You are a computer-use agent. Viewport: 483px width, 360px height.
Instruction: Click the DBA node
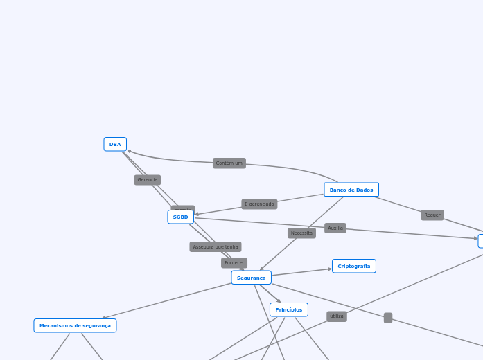pyautogui.click(x=115, y=144)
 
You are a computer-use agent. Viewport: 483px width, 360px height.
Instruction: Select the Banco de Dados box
pyautogui.click(x=351, y=190)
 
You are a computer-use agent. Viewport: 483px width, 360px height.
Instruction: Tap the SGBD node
pyautogui.click(x=180, y=217)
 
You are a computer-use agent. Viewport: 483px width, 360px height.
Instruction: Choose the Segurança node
pyautogui.click(x=251, y=278)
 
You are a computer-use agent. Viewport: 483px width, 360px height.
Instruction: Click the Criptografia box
pyautogui.click(x=353, y=266)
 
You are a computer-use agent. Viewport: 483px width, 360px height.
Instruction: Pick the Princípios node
pyautogui.click(x=288, y=309)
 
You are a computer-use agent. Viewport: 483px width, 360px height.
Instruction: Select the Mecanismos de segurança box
pyautogui.click(x=75, y=325)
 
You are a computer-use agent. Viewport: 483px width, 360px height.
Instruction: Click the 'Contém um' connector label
pyautogui.click(x=229, y=163)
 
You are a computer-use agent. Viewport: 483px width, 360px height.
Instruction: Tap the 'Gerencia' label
pyautogui.click(x=147, y=180)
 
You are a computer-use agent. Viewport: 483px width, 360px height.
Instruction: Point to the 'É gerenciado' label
pyautogui.click(x=259, y=204)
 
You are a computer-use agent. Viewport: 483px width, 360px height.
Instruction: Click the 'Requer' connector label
pyautogui.click(x=432, y=215)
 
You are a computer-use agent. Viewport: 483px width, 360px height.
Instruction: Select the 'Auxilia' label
pyautogui.click(x=335, y=228)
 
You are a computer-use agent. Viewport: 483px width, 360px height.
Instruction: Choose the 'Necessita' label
pyautogui.click(x=301, y=233)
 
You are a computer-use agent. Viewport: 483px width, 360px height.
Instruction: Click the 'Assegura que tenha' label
pyautogui.click(x=215, y=246)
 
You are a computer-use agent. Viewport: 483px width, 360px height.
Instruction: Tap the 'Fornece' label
pyautogui.click(x=234, y=263)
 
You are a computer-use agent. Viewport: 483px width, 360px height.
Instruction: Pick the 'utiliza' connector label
pyautogui.click(x=336, y=316)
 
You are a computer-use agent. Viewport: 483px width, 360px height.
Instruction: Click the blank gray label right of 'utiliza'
pyautogui.click(x=388, y=318)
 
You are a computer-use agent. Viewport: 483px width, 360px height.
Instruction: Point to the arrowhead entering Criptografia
pyautogui.click(x=330, y=269)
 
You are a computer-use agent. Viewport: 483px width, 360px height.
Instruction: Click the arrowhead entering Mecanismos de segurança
pyautogui.click(x=104, y=318)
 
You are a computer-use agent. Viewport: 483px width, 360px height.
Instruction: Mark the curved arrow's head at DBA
pyautogui.click(x=130, y=151)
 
